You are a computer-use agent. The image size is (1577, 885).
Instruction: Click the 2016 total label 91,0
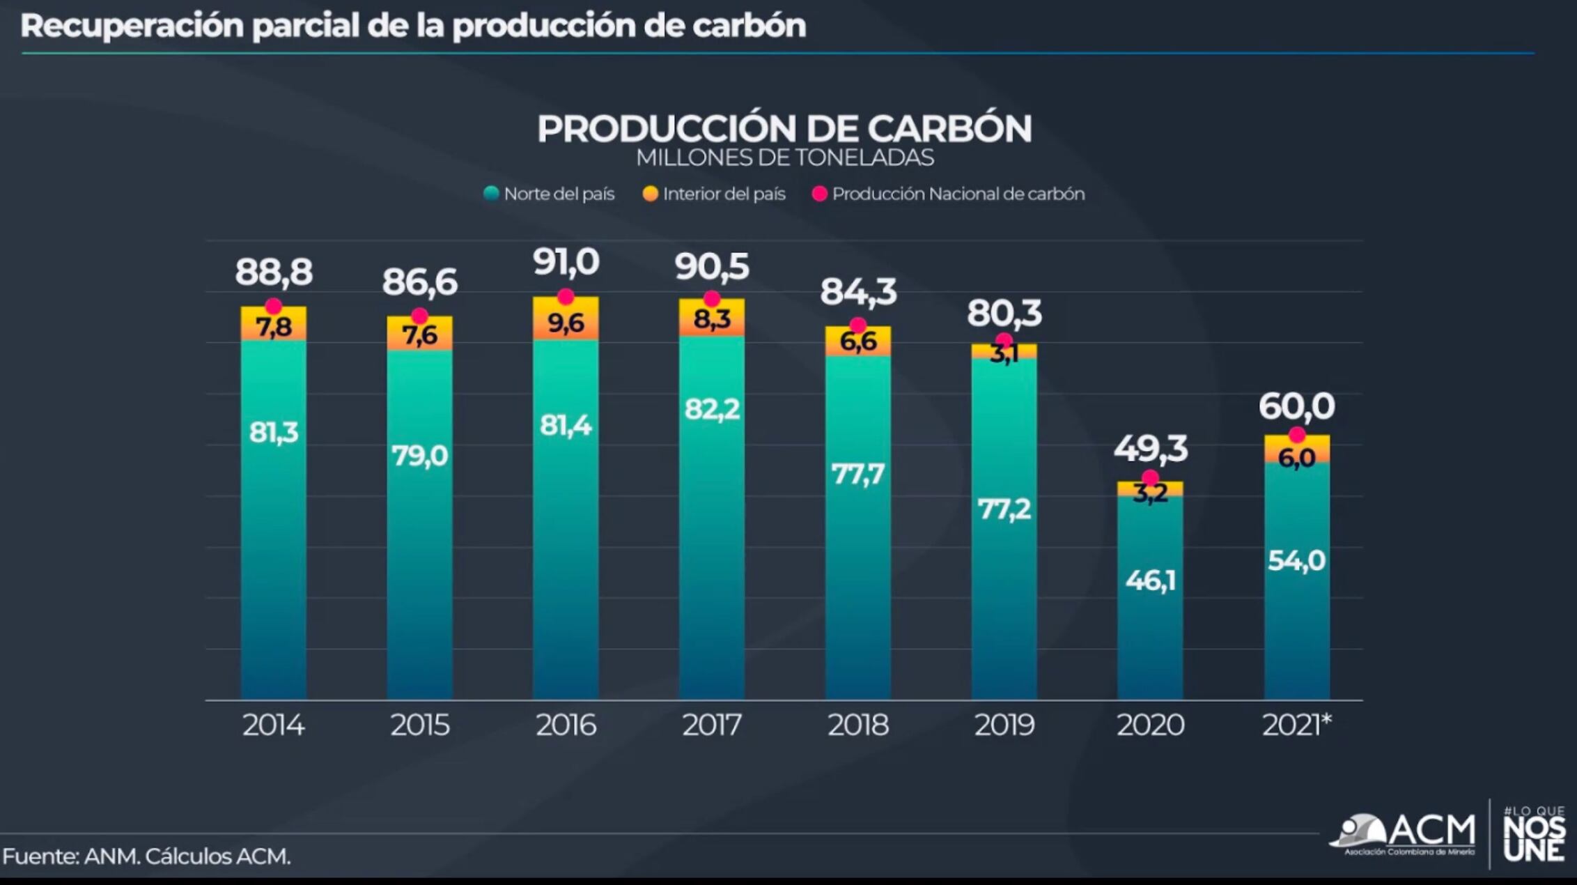(566, 263)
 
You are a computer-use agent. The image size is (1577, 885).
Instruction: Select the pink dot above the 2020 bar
(1150, 478)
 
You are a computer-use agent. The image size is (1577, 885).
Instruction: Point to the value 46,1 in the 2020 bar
(1150, 580)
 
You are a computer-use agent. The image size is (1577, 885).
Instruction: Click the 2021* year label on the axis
(1296, 725)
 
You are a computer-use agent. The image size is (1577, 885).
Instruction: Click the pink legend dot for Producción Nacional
(820, 194)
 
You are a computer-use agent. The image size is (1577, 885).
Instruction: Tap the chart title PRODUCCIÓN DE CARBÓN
(784, 128)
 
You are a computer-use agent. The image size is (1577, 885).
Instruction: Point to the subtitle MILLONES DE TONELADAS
(784, 157)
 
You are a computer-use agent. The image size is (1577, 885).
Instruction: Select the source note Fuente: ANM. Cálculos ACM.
(146, 856)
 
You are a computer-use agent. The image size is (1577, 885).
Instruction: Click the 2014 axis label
(273, 725)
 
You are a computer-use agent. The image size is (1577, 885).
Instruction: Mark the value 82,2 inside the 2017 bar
(711, 409)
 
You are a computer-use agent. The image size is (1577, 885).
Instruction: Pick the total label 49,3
(1150, 448)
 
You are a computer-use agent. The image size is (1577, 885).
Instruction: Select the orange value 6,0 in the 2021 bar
(1296, 458)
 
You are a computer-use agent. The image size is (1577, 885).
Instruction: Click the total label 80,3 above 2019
(1004, 313)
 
